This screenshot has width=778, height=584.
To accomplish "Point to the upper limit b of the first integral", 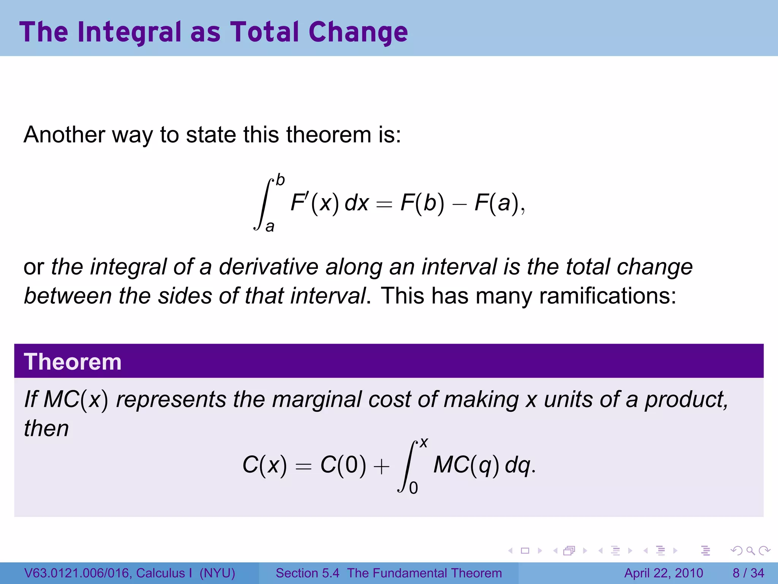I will [x=280, y=180].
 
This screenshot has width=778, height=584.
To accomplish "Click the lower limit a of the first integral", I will [x=270, y=227].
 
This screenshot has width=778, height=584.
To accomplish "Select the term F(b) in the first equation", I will [x=422, y=203].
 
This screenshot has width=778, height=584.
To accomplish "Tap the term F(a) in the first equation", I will [x=497, y=203].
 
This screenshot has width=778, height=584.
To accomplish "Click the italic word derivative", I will [x=268, y=267].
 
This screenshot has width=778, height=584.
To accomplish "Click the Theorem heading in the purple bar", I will [x=73, y=362].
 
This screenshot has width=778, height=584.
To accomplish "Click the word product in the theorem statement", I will [x=686, y=400].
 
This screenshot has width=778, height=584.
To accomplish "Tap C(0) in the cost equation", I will [x=343, y=465].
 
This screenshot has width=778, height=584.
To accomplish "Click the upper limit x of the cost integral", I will [x=424, y=443].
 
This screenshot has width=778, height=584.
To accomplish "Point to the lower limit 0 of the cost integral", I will [x=414, y=488].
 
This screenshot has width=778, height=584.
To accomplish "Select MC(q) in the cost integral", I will [x=466, y=465].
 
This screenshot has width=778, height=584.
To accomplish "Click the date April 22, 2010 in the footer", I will [x=664, y=573].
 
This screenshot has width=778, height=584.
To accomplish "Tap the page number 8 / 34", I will [x=748, y=573].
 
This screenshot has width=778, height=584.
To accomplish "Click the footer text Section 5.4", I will [x=307, y=573].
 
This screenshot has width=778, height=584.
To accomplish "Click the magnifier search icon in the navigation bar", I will [x=750, y=551].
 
